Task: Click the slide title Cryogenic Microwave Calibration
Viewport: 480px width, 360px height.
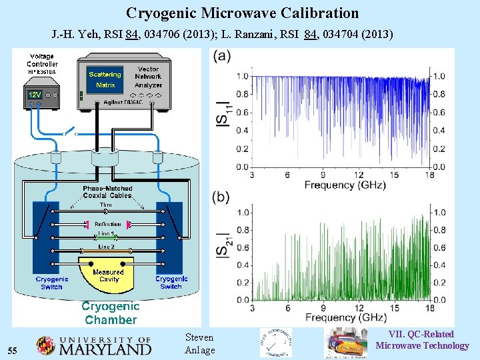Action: point(242,13)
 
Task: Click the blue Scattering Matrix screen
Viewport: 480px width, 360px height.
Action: point(105,79)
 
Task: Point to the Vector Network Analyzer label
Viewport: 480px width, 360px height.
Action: point(148,77)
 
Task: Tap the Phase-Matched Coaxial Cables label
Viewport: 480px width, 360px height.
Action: point(107,192)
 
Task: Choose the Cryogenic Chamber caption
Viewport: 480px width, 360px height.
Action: point(110,313)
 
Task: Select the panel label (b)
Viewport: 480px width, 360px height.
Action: point(222,197)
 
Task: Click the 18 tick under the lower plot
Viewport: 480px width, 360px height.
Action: point(430,308)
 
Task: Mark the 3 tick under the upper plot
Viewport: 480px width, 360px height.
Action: point(252,175)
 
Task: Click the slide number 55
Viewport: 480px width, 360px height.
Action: point(12,351)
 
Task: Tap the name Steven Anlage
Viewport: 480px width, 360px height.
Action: point(199,344)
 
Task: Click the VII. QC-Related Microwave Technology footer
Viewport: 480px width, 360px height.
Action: point(422,339)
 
